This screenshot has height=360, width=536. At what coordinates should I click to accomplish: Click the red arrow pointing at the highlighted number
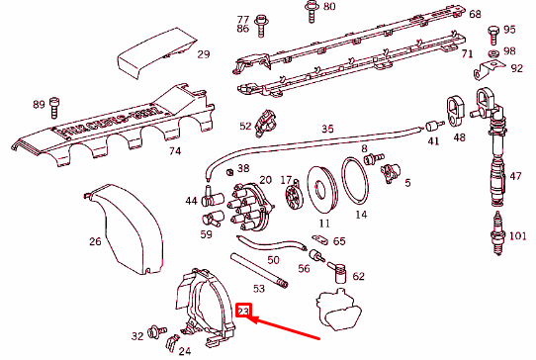pos(287,326)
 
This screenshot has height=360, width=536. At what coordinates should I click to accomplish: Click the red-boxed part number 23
pos(243,313)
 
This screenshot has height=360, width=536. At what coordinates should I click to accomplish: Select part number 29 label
pos(203,54)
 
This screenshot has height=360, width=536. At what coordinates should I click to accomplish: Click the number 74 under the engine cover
pos(174,152)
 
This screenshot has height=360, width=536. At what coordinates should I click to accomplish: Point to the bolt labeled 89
pos(54,103)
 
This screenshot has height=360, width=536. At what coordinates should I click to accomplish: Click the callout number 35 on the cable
pos(327,129)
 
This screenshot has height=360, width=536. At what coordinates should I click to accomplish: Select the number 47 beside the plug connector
pos(514,176)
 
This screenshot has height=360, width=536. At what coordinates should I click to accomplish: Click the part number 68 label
pos(475,14)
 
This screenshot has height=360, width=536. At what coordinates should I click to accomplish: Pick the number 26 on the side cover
pos(95,241)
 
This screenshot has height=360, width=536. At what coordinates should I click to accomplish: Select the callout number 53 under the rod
pos(259,288)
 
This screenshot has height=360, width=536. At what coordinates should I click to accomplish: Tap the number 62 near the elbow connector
pos(358,276)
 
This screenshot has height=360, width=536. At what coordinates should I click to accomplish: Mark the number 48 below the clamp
pos(459,137)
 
